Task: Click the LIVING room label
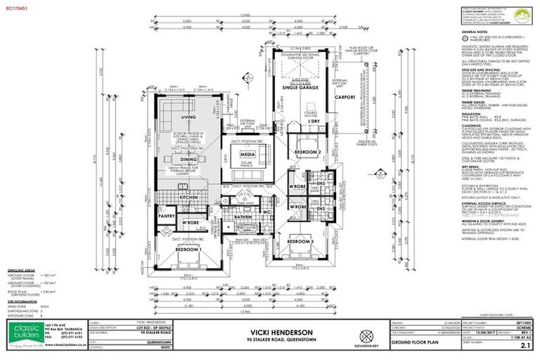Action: pos(188,117)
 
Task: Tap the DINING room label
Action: pos(188,160)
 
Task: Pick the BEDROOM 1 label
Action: pos(188,250)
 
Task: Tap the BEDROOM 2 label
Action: pos(307,153)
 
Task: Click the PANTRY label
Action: pos(167,218)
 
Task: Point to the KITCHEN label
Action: pos(189,198)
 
